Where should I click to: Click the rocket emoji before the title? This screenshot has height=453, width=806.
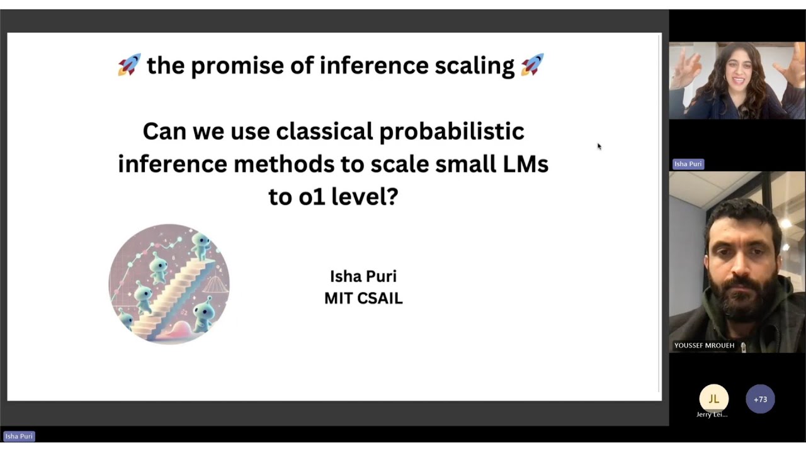129,65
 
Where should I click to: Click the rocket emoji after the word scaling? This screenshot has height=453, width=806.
532,65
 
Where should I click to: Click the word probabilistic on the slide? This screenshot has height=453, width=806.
451,131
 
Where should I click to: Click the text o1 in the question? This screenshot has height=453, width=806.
312,197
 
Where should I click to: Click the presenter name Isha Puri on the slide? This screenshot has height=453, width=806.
363,276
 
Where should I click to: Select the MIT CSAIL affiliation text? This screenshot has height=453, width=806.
363,298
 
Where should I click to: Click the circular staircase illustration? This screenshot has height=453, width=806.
169,284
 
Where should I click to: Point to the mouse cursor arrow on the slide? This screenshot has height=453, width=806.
599,147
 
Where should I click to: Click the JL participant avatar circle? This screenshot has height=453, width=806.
713,399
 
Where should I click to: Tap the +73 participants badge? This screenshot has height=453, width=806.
760,399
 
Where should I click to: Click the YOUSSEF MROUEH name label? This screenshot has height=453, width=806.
704,345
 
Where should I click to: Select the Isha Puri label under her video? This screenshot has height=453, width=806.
688,164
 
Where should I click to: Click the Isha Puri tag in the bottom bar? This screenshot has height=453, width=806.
19,436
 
